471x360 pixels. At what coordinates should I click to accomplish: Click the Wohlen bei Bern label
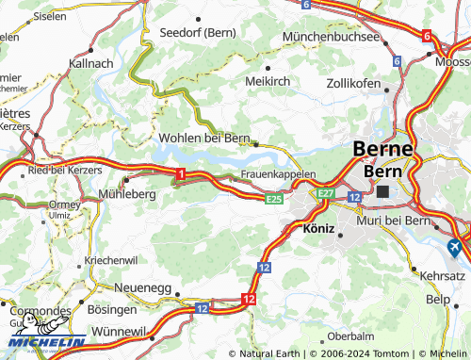(x=203, y=139)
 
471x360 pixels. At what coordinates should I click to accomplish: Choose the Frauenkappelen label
(x=278, y=174)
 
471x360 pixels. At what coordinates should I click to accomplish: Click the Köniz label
(x=318, y=228)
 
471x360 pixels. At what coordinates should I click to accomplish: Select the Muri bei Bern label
(x=393, y=221)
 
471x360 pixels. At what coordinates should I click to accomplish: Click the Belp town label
(x=438, y=299)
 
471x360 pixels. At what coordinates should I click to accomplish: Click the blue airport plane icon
(x=454, y=248)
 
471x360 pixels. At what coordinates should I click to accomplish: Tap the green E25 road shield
(x=274, y=200)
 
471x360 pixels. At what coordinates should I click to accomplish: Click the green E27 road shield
(x=326, y=193)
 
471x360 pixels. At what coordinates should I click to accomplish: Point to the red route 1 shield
(x=179, y=172)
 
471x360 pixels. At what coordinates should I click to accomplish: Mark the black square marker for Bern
(x=382, y=191)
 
